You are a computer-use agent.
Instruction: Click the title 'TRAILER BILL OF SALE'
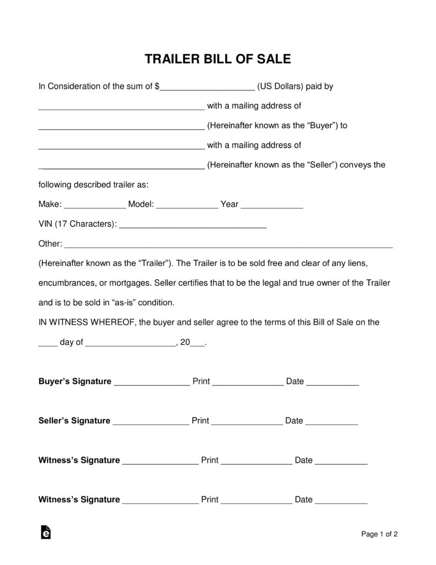[x=218, y=59]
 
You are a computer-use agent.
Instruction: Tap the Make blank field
[x=95, y=205]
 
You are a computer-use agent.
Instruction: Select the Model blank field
[x=187, y=205]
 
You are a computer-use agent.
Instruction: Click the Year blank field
[x=272, y=205]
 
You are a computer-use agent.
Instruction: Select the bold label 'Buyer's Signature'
[x=75, y=381]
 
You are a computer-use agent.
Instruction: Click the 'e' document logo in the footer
[x=46, y=532]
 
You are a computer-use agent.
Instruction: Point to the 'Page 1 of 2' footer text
[x=379, y=534]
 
